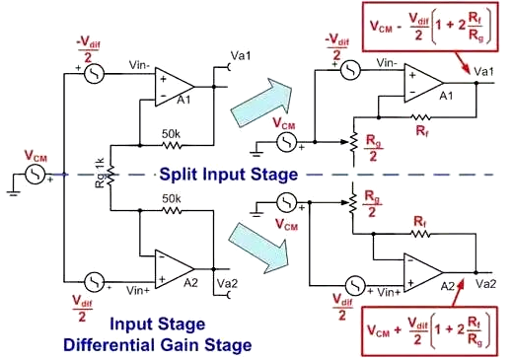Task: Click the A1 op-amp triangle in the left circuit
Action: tap(173, 87)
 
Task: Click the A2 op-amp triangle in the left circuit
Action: tap(173, 269)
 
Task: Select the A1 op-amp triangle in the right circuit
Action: tap(422, 83)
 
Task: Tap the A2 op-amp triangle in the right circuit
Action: tap(422, 272)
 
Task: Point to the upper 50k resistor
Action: tap(172, 145)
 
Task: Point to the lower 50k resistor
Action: tap(172, 210)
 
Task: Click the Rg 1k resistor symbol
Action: tap(110, 175)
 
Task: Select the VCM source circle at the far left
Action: tap(36, 175)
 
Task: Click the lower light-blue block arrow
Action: tap(258, 249)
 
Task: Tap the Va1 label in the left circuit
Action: tap(241, 56)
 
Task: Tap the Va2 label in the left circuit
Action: tap(227, 283)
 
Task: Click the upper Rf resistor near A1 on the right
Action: tap(420, 117)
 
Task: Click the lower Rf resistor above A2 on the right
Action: tap(420, 234)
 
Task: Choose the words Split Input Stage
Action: tap(229, 175)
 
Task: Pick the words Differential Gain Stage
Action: tap(158, 345)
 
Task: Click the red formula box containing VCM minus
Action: tap(430, 27)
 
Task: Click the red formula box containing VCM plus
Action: tap(429, 331)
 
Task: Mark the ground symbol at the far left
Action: tap(13, 192)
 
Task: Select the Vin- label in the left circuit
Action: tap(140, 65)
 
